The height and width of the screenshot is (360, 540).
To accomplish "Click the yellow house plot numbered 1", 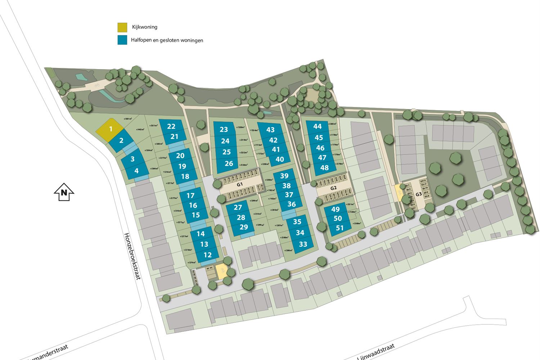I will [110, 129].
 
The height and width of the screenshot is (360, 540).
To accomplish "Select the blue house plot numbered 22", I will [171, 126].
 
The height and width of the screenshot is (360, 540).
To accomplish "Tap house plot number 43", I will [270, 130].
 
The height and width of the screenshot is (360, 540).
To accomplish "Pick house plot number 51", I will [339, 228].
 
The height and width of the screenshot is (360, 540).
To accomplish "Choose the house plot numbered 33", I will [303, 244].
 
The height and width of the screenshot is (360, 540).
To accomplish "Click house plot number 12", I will [207, 255].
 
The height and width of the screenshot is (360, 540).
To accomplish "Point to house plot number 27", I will [238, 207].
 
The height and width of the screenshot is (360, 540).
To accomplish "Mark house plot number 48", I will [324, 168].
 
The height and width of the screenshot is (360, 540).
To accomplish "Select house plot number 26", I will [229, 163].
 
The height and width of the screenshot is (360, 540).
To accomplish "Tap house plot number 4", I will [136, 171].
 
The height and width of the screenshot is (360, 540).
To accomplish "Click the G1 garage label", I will [240, 184].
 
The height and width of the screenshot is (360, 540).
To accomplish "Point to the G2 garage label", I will [333, 188].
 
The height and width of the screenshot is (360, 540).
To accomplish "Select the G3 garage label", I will [419, 194].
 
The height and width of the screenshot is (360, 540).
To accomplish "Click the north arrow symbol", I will [64, 192].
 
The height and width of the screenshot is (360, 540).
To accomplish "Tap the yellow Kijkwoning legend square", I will [122, 27].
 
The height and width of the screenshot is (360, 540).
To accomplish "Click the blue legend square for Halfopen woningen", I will [122, 40].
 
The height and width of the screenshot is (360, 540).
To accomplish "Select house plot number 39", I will [284, 176].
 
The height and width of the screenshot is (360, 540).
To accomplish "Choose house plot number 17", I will [190, 195].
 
